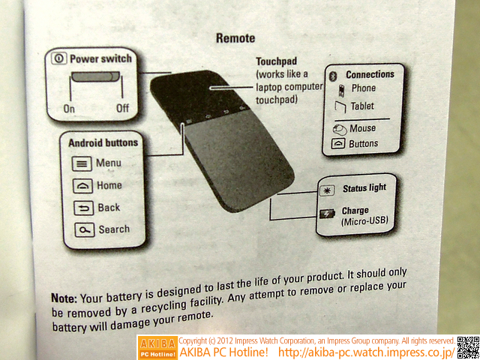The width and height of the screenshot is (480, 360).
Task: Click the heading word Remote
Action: click(235, 38)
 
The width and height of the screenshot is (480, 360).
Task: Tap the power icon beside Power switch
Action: click(58, 58)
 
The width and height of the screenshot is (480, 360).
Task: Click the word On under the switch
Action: click(69, 109)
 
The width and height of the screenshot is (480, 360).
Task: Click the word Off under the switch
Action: click(122, 108)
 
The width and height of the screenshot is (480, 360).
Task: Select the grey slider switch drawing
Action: click(96, 76)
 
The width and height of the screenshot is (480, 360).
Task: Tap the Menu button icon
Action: click(82, 163)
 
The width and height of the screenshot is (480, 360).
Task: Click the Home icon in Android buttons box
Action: click(82, 186)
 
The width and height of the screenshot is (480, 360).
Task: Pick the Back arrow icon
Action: click(83, 208)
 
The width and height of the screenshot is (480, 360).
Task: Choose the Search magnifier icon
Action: click(85, 230)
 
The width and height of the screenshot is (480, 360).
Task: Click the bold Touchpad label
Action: click(277, 61)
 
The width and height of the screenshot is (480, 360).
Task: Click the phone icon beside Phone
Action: click(342, 91)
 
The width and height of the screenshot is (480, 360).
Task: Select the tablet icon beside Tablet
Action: click(340, 107)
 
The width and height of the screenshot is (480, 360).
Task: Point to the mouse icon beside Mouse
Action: click(340, 130)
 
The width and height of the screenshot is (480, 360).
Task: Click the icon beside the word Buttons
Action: click(338, 144)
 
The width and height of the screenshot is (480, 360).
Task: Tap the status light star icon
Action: click(325, 190)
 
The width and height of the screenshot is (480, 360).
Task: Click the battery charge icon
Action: click(327, 214)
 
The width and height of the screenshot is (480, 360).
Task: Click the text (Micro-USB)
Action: click(364, 220)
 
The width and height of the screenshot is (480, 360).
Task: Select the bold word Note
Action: click(64, 298)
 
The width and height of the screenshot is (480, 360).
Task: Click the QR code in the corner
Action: click(468, 348)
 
